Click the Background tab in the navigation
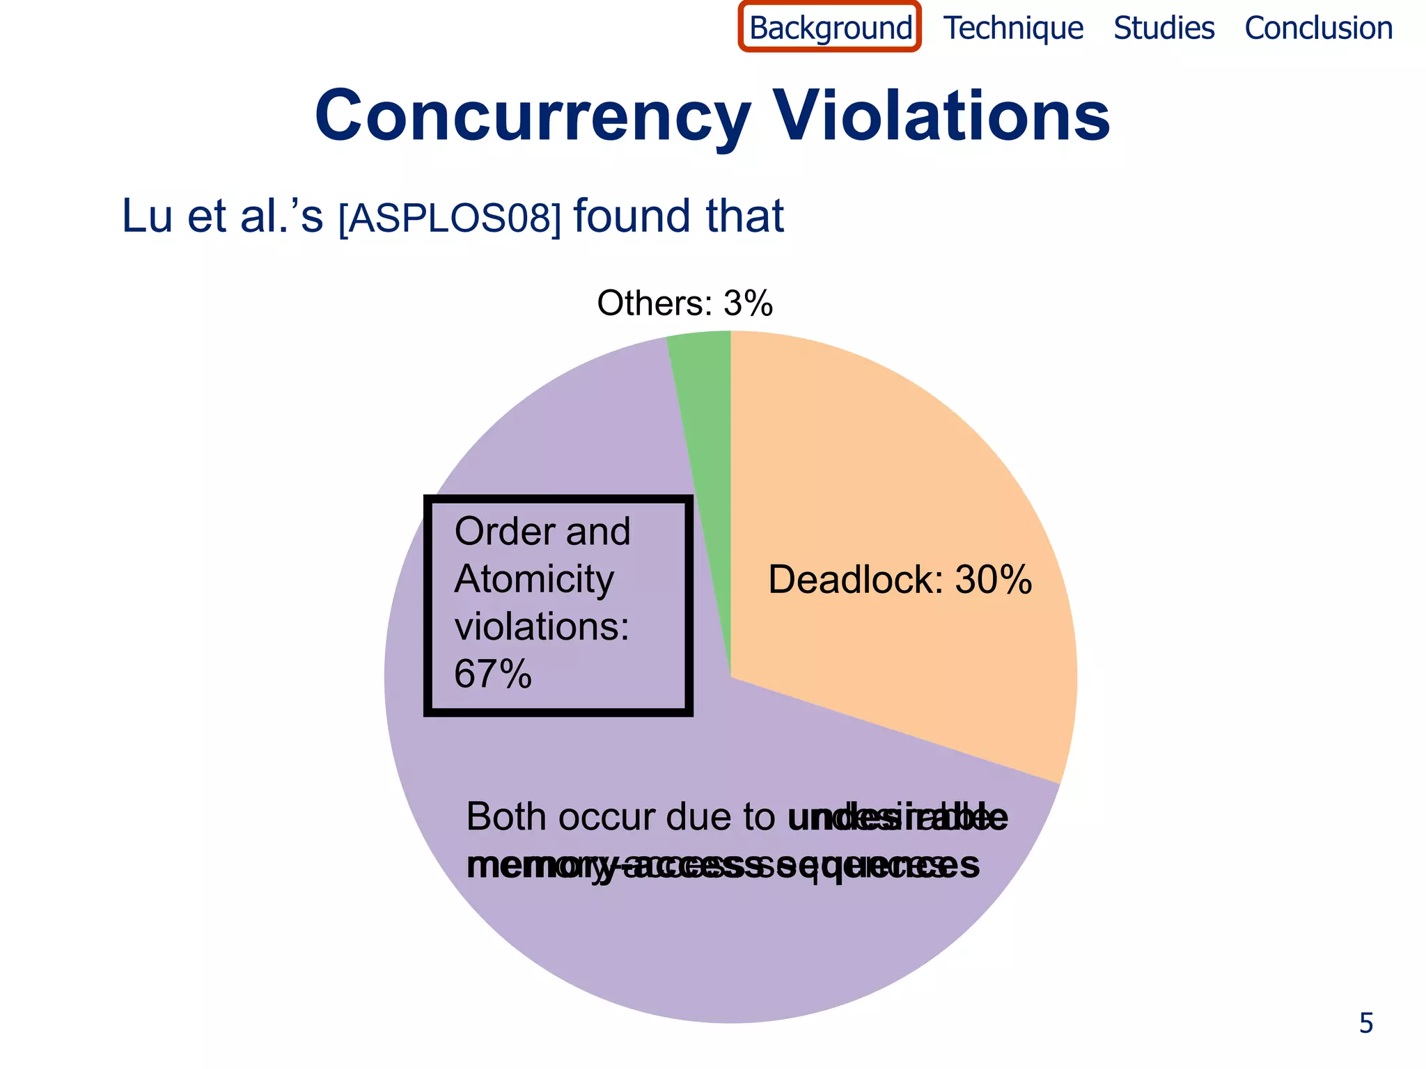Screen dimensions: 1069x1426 830,29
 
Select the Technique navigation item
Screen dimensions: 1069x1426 1013,29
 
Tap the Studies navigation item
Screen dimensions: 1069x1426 1163,29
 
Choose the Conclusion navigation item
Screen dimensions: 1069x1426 1318,29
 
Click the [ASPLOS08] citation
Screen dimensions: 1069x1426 449,218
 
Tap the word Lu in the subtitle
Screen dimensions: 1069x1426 147,216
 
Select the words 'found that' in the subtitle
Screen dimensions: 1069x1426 678,216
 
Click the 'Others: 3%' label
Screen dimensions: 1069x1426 684,303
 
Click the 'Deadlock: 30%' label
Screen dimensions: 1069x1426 900,580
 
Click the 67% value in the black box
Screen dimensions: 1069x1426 493,674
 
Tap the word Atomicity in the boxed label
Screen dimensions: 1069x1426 534,580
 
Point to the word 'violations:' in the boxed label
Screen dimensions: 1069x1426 542,626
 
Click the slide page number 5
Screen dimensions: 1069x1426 1366,1024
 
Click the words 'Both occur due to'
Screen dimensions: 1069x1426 620,817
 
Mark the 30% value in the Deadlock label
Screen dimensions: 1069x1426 993,580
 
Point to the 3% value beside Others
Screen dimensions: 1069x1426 748,303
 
